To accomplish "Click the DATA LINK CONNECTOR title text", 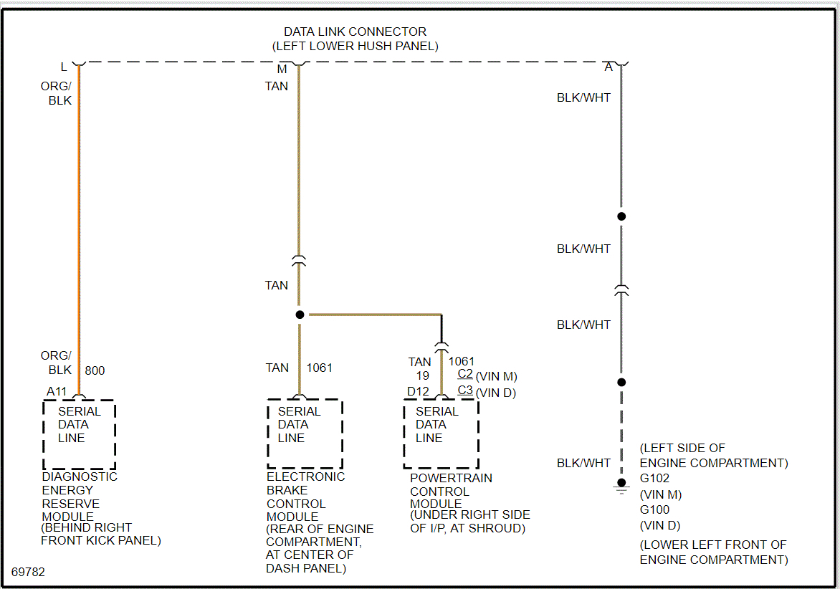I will click(355, 32).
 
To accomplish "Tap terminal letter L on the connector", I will click(64, 67).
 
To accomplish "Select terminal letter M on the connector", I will click(282, 69).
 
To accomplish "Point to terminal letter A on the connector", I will click(608, 67).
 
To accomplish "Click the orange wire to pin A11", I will click(79, 215).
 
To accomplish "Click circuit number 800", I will click(95, 370).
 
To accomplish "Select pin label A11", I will click(57, 391).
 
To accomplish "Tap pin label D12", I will click(418, 391).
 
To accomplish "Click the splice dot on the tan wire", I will click(300, 315).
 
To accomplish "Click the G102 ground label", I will click(654, 479).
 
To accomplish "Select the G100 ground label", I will click(654, 510).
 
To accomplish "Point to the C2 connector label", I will click(465, 373).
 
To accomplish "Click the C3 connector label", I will click(465, 391).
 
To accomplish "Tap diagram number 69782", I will click(28, 572).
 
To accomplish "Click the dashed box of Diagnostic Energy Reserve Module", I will click(79, 434).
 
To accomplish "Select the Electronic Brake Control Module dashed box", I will click(305, 434).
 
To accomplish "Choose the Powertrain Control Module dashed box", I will click(441, 434).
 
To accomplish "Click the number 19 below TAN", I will click(422, 375).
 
